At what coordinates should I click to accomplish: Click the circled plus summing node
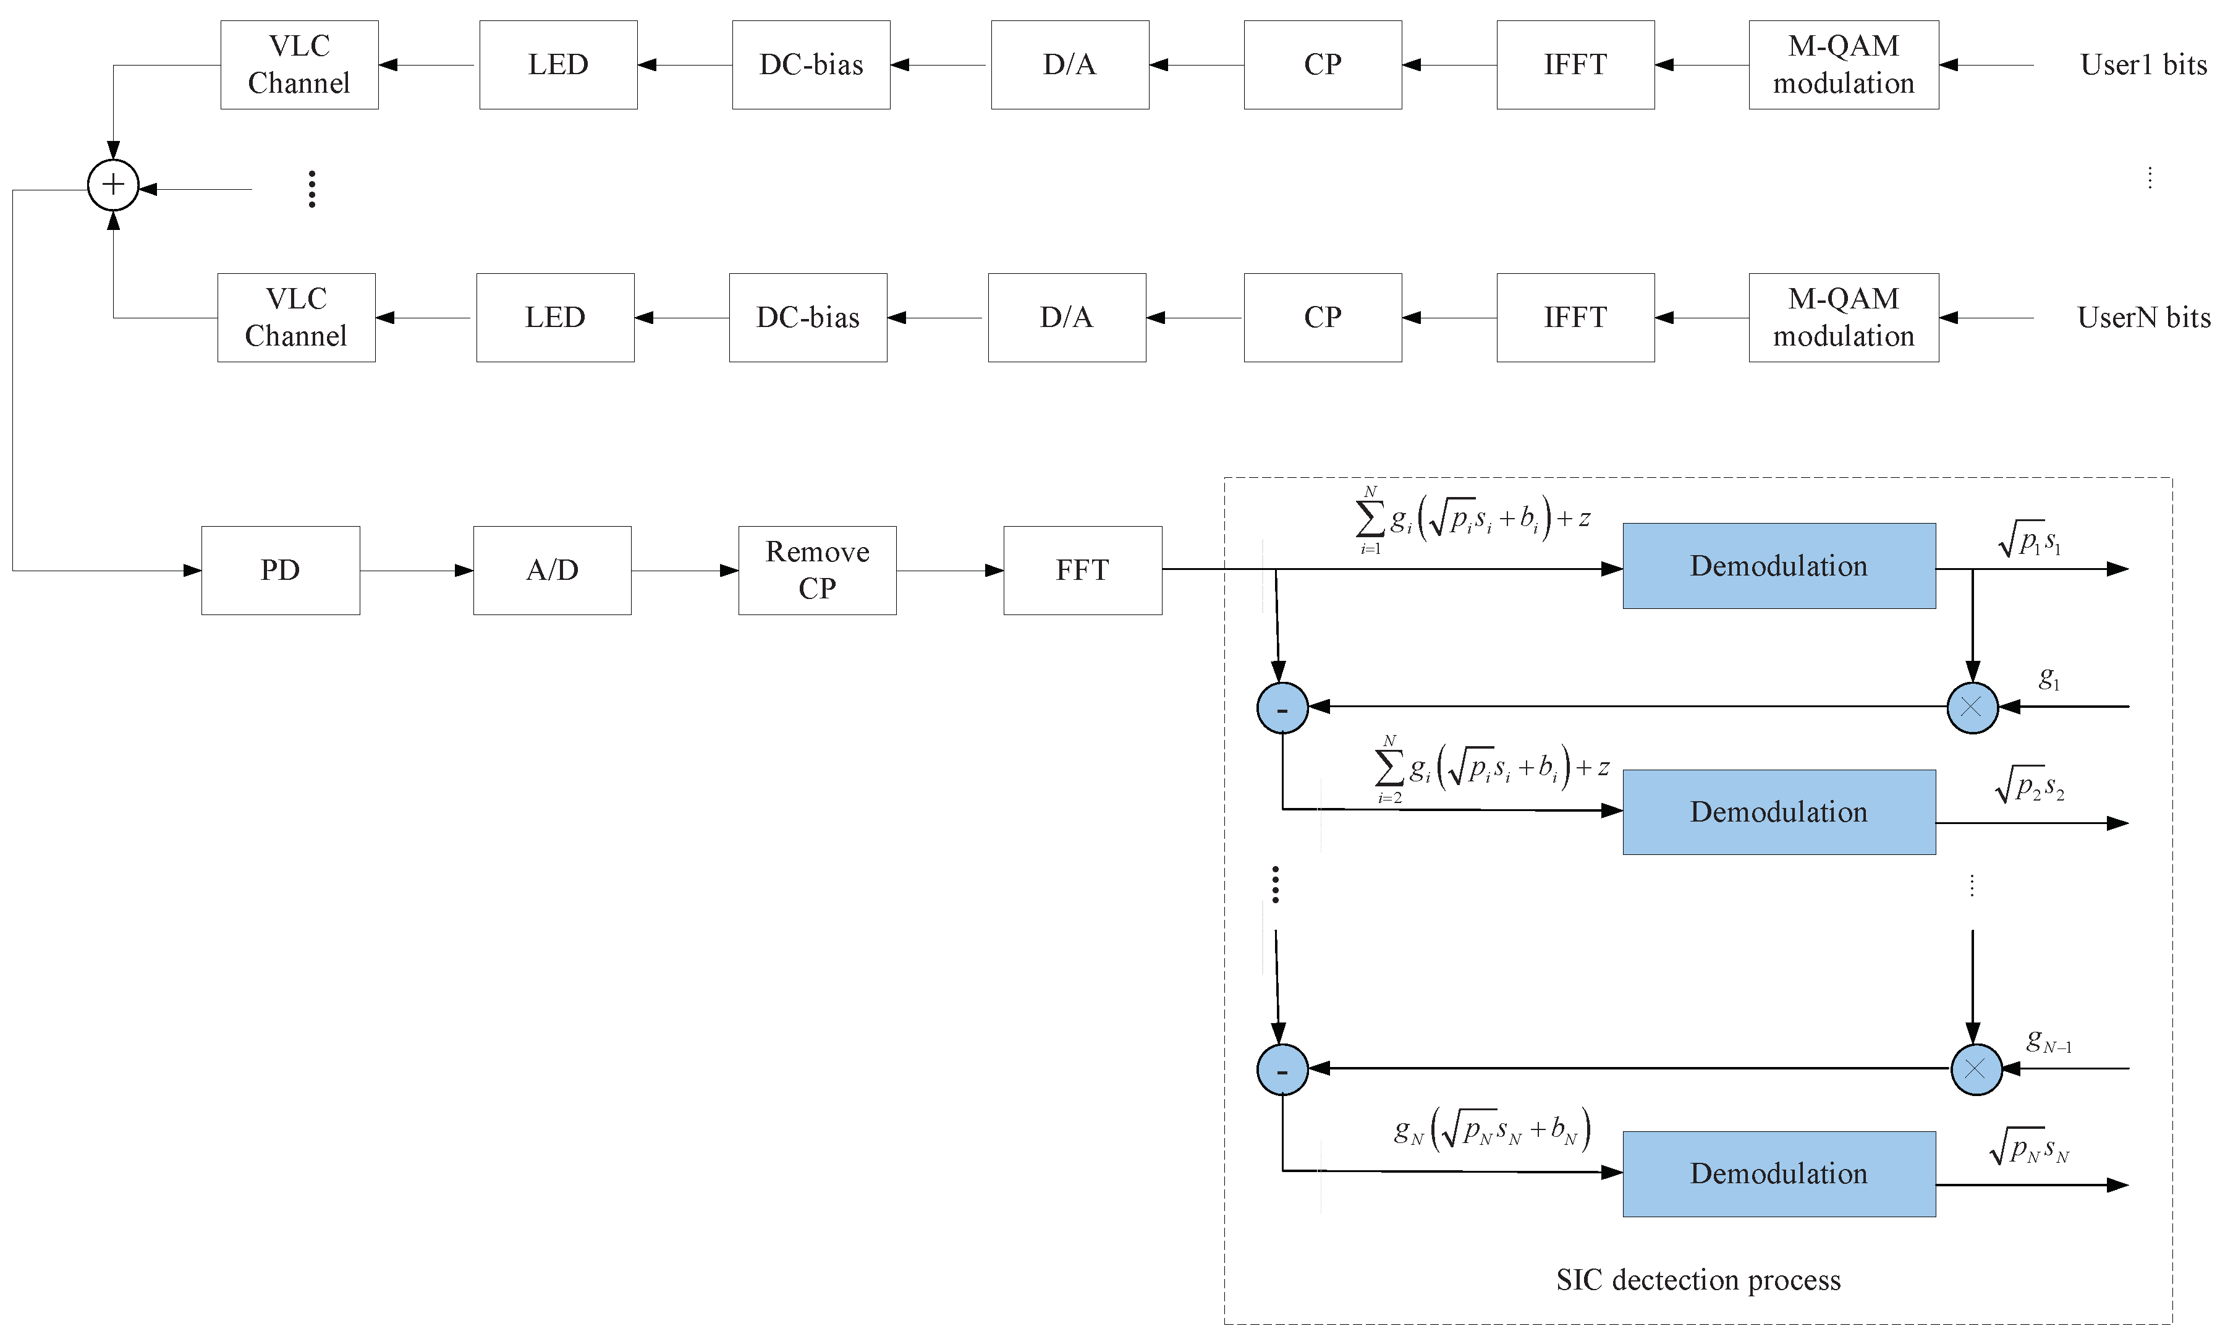coord(112,185)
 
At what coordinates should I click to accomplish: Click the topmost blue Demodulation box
coord(1779,566)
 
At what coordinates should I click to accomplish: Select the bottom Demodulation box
coord(1779,1173)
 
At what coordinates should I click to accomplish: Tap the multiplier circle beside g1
coord(1972,707)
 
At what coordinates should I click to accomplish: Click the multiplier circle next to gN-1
coord(1976,1069)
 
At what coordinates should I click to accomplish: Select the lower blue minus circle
coord(1282,1069)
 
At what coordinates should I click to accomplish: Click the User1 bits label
coord(2143,65)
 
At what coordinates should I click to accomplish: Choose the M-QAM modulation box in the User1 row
coord(1844,65)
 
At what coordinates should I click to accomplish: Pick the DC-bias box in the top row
coord(811,65)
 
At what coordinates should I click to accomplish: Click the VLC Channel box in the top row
coord(299,65)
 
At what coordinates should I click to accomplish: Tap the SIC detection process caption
coord(1697,1280)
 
